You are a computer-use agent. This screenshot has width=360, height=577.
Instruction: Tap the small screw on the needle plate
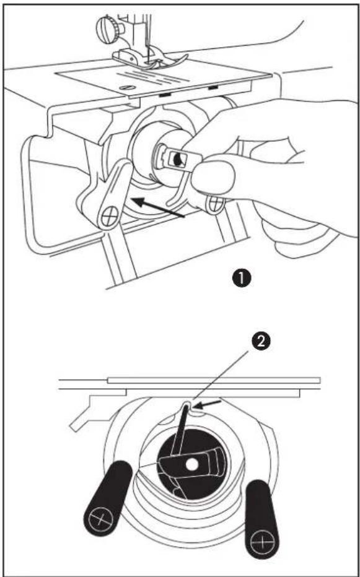128,87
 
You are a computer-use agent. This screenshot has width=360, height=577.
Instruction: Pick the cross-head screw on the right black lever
261,542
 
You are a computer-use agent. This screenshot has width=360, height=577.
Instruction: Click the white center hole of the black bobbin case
191,466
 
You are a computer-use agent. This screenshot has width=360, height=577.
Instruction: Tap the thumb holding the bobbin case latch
214,176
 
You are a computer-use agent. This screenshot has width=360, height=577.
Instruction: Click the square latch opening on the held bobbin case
176,158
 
